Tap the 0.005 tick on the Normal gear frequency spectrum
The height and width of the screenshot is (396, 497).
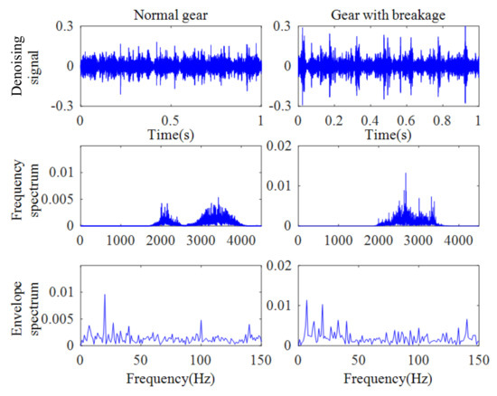[57, 197]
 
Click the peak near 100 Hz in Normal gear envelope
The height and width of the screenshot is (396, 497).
[202, 321]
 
